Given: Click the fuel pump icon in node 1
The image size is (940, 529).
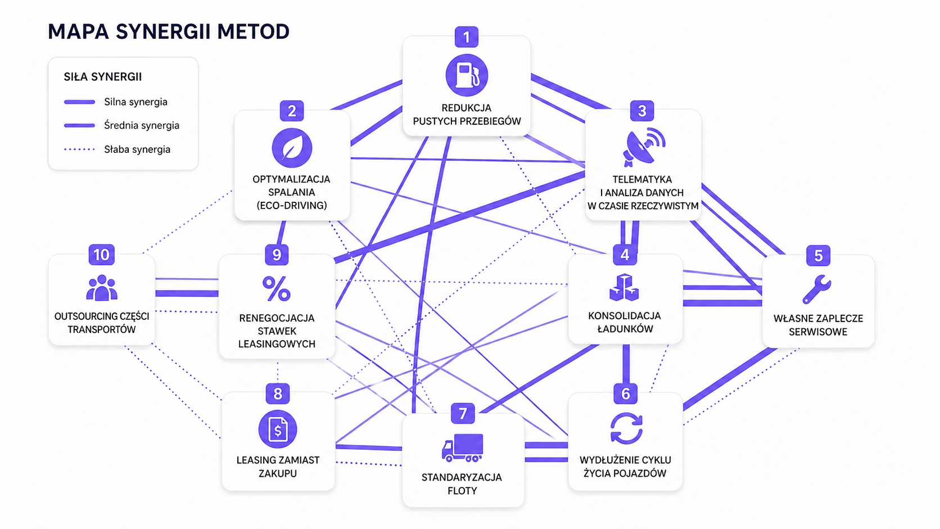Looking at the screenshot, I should point(467,75).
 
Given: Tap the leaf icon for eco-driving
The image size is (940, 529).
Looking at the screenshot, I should point(292,148).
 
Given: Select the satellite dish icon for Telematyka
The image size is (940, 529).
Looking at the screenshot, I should point(643,147).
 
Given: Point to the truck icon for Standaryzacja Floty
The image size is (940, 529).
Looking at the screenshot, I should point(462,447).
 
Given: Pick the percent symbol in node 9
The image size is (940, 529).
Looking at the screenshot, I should point(276,289).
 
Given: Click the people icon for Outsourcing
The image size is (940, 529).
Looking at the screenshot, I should point(102,288).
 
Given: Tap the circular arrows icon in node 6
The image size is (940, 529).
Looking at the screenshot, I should point(626,428).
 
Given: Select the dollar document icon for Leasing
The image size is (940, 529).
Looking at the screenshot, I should point(278,430).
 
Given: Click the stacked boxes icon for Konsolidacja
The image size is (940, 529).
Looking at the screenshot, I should point(624,287).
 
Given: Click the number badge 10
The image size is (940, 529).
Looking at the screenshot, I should point(101,255).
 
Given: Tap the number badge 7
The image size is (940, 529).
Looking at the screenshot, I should point(463,414).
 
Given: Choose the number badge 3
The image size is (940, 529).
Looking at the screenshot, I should point(642,111).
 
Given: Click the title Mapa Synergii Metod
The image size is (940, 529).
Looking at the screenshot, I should point(169,31).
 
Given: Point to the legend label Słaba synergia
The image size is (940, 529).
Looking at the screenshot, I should point(137,150).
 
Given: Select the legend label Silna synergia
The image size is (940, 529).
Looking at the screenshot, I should point(135,102).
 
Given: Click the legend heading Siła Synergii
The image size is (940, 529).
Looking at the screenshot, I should point(103,77).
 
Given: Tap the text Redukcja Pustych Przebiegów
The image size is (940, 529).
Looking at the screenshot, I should point(467,114).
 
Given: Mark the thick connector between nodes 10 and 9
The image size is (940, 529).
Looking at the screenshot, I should point(187,293).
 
